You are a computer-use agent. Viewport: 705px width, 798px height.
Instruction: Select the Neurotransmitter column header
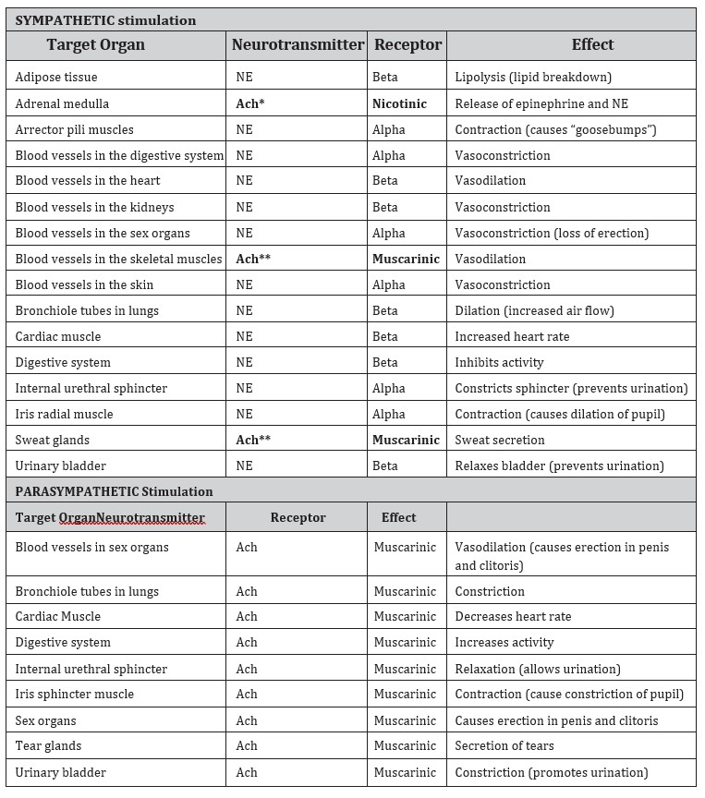(298, 44)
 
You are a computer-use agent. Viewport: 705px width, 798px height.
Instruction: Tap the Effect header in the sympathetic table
(592, 44)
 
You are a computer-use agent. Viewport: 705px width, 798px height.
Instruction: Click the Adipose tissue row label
(56, 78)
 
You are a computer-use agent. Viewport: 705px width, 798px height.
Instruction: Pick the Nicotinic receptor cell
(399, 103)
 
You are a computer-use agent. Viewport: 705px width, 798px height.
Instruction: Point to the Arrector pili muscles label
(75, 129)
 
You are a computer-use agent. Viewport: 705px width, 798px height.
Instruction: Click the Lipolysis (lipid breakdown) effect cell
(533, 78)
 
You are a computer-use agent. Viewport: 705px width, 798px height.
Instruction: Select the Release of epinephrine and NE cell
(541, 103)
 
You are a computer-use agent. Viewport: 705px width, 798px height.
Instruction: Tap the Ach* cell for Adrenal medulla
(250, 103)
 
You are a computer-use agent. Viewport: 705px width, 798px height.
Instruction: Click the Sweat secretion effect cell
(500, 440)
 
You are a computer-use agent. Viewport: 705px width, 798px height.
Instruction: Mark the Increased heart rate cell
(512, 336)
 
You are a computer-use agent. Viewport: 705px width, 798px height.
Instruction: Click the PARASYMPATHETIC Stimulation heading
(115, 491)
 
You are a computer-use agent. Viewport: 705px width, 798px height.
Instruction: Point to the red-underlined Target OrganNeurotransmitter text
(110, 517)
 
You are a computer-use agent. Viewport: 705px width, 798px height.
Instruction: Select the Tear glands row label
(48, 745)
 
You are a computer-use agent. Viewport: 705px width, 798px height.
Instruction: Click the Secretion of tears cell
(507, 745)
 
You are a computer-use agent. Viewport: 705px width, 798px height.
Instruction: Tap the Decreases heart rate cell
(513, 616)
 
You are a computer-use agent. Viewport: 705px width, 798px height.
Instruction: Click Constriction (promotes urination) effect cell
(551, 772)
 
